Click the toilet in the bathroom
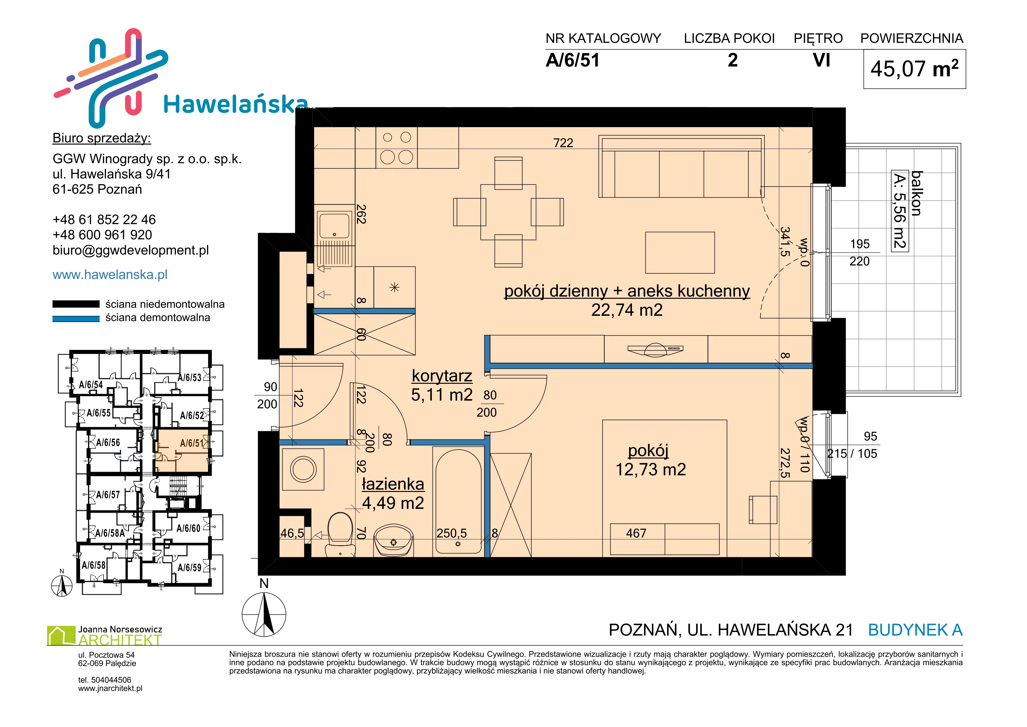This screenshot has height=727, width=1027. (x=340, y=535)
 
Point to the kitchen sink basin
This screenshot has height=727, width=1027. (x=334, y=225)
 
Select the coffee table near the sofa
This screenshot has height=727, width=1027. (x=680, y=252)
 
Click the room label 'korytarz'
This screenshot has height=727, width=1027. (x=442, y=376)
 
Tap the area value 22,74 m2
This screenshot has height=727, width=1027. (x=627, y=310)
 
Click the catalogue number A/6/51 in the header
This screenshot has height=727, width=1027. (x=573, y=60)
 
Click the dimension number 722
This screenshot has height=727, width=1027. (x=563, y=142)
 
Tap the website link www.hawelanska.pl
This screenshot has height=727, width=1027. (x=110, y=274)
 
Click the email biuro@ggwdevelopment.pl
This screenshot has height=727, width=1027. (x=131, y=250)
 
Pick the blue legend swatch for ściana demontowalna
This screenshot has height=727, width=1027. (x=76, y=319)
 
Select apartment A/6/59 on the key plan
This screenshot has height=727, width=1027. (x=190, y=567)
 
